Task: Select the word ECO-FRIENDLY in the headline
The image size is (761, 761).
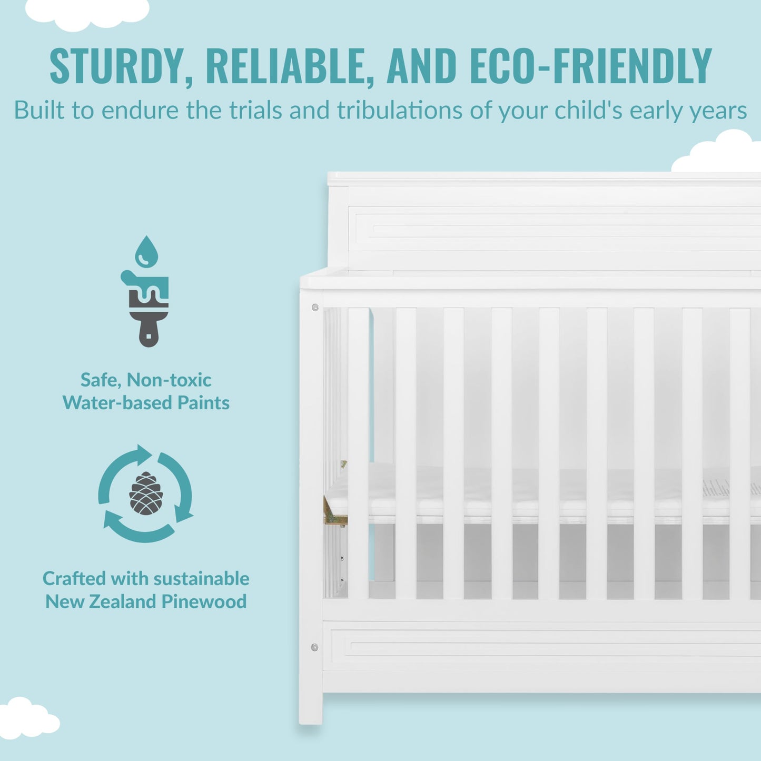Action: tap(590, 66)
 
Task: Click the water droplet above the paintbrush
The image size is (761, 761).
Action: tap(146, 252)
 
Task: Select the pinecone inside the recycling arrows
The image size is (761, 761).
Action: tap(146, 493)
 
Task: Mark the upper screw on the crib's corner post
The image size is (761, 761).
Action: tap(315, 307)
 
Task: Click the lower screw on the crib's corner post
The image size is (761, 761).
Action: tap(314, 647)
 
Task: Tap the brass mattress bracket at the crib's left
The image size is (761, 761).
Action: tap(334, 514)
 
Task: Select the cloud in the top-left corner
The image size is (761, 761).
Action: tap(87, 12)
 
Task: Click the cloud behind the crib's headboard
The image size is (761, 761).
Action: tap(719, 153)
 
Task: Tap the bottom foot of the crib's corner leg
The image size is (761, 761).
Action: tap(311, 717)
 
